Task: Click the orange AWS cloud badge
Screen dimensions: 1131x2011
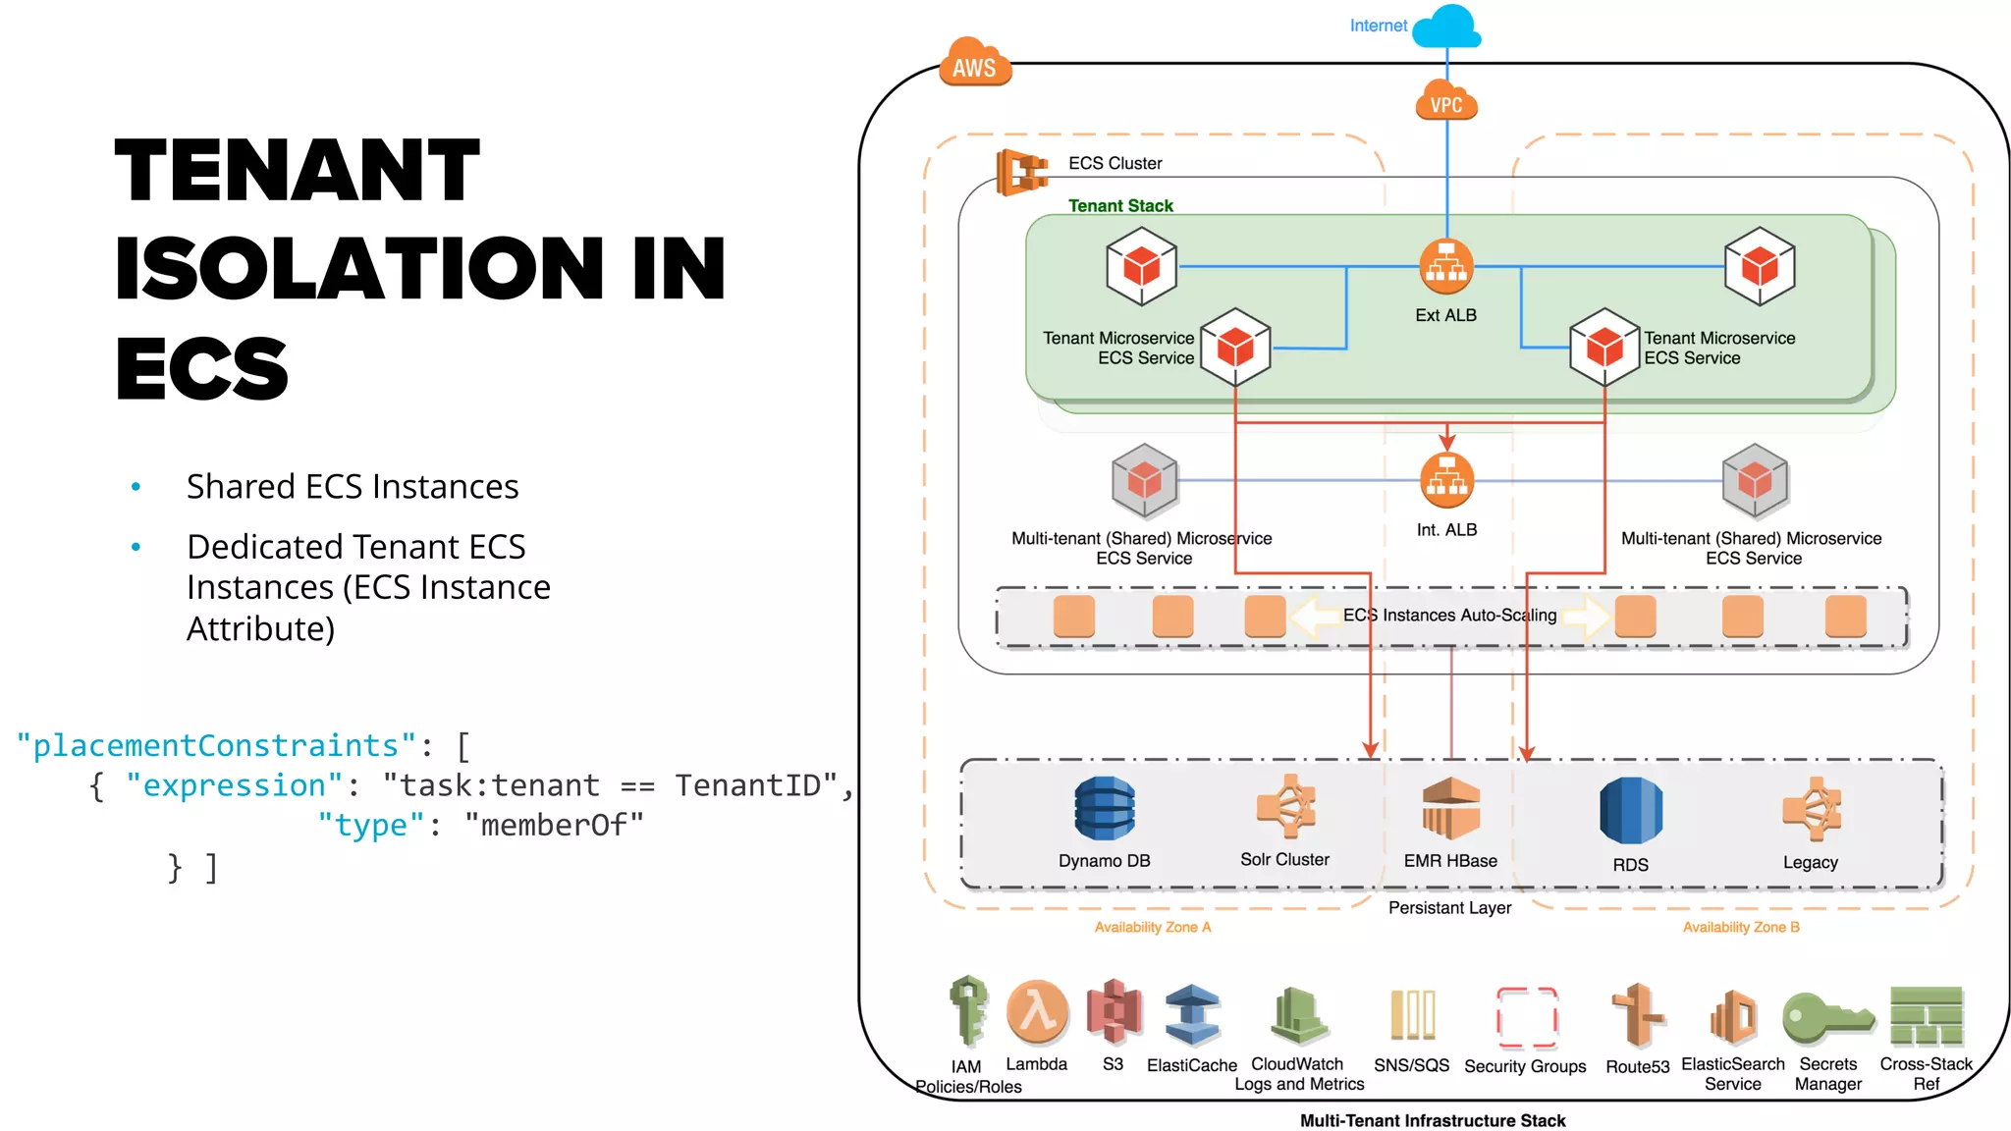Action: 974,64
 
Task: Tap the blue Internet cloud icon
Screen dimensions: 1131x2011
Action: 1447,27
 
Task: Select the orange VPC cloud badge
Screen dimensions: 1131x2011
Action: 1446,102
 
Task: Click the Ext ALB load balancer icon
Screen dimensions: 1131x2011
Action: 1446,266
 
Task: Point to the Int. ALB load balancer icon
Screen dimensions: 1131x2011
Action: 1446,481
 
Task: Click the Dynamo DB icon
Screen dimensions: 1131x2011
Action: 1105,809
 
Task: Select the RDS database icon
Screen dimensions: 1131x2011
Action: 1630,810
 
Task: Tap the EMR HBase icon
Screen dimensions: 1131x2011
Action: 1450,808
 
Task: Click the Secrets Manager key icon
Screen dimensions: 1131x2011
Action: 1826,1018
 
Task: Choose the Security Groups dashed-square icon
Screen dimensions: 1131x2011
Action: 1526,1018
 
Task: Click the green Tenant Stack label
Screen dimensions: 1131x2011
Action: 1120,205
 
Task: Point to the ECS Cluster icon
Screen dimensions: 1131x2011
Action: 1020,172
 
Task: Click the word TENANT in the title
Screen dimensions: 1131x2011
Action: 298,171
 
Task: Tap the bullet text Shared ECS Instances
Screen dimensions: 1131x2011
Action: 353,487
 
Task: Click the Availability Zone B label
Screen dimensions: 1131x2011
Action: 1740,927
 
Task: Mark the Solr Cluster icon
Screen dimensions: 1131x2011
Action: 1285,807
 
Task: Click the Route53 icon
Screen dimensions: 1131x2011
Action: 1637,1016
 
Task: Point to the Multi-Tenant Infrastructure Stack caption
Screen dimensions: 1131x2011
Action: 1432,1120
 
